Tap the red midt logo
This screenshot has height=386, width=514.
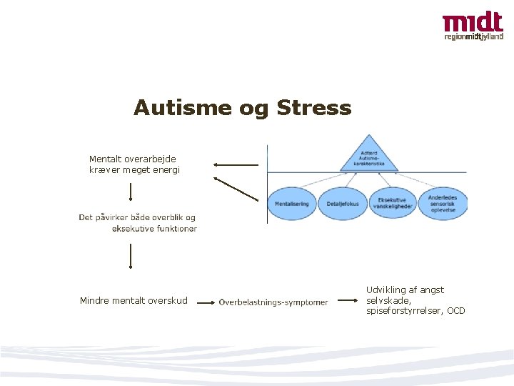point(472,23)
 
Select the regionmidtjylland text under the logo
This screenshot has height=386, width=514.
point(473,36)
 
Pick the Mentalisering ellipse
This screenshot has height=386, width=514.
point(291,204)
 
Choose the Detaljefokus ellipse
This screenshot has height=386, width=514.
point(342,204)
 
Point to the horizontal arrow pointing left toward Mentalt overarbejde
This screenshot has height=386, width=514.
point(236,164)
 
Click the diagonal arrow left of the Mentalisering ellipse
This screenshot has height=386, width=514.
point(236,189)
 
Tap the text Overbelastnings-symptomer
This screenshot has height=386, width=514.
point(273,302)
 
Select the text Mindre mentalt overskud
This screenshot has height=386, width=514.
point(133,301)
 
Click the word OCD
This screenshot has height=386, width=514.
point(455,311)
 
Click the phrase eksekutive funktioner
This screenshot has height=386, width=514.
point(154,229)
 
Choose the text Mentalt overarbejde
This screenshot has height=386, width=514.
point(133,159)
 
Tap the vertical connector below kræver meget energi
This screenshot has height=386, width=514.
point(131,192)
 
